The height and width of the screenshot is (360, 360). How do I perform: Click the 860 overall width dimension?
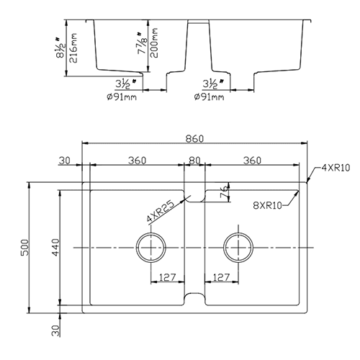coord(195,137)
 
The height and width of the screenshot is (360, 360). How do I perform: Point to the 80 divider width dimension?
coord(193,161)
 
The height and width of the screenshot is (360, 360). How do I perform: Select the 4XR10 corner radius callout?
coord(334,168)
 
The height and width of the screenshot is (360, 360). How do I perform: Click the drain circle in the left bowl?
coord(150,248)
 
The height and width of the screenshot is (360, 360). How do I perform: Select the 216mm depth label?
coord(73,46)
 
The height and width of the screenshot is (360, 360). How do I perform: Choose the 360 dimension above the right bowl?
coord(252,161)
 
